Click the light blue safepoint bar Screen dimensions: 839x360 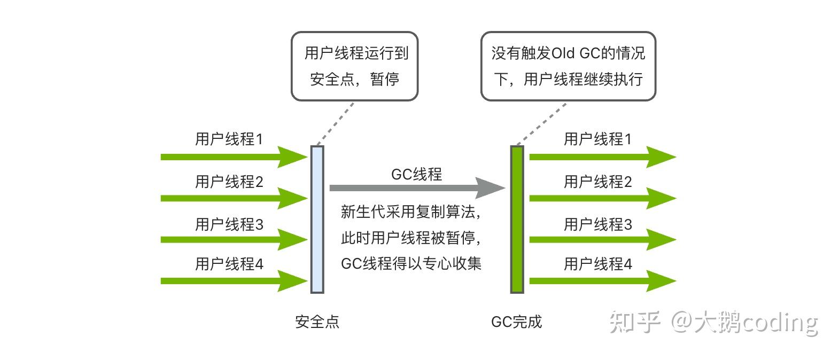pyautogui.click(x=317, y=220)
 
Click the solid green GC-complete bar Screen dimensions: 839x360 pyautogui.click(x=517, y=220)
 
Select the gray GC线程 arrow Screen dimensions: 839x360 pyautogui.click(x=417, y=188)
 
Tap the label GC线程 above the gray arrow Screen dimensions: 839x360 pyautogui.click(x=416, y=174)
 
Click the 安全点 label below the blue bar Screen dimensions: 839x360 pyautogui.click(x=317, y=322)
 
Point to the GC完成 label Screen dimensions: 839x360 pyautogui.click(x=517, y=322)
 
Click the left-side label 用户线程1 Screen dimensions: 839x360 pyautogui.click(x=229, y=139)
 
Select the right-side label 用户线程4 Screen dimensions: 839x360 pyautogui.click(x=598, y=264)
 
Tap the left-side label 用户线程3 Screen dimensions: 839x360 pyautogui.click(x=229, y=224)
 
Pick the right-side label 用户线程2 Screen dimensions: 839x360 pyautogui.click(x=598, y=182)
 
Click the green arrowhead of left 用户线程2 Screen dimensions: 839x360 pyautogui.click(x=292, y=198)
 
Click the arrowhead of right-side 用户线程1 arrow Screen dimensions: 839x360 pyautogui.click(x=662, y=157)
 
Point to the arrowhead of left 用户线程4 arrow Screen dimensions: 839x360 pyautogui.click(x=292, y=281)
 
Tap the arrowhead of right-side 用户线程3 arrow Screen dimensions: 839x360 pyautogui.click(x=662, y=239)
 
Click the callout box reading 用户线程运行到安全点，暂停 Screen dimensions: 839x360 pyautogui.click(x=355, y=66)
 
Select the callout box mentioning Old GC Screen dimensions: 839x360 pyautogui.click(x=568, y=66)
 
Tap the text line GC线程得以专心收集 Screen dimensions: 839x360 pyautogui.click(x=411, y=264)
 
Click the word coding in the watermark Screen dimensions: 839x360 pyautogui.click(x=780, y=323)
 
